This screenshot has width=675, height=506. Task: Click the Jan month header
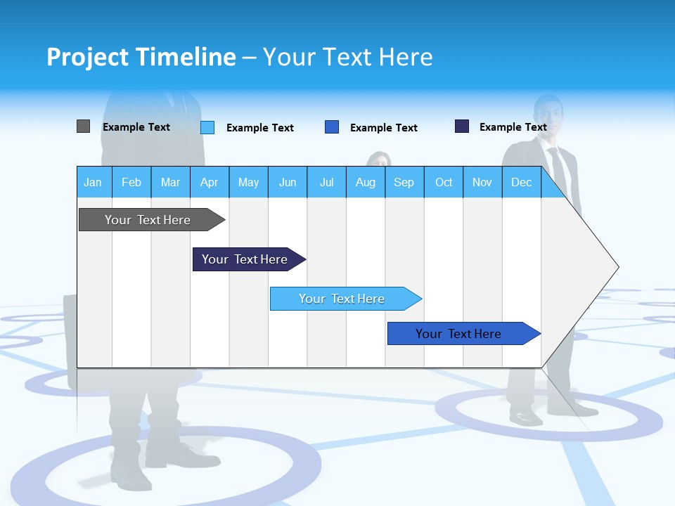coord(93,182)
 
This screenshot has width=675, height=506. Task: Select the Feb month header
coord(131,182)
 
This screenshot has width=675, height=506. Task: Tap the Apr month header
coord(209,182)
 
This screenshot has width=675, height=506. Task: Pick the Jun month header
coord(288,182)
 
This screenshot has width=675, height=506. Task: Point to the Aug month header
coord(365,182)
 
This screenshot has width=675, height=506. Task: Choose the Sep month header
coord(404,182)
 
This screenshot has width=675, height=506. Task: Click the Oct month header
coord(444,182)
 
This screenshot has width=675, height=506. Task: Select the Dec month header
coord(521,182)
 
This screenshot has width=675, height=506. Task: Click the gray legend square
coord(83,126)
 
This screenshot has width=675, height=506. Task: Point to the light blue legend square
coord(207,127)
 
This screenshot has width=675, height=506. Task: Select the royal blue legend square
coord(332,127)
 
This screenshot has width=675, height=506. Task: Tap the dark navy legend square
coord(462,126)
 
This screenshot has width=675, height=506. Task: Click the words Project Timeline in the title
coord(141,57)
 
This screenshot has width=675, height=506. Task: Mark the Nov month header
coord(482,182)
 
